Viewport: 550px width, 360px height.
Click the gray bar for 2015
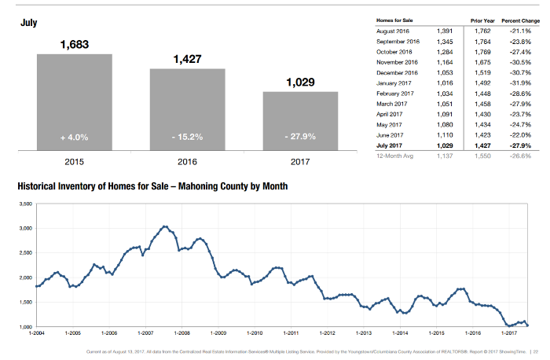tap(75, 101)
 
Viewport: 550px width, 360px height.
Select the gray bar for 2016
tap(187, 108)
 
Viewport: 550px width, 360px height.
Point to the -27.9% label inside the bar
tap(300, 137)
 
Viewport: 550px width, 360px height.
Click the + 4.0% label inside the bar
tap(75, 137)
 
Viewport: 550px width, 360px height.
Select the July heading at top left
tap(29, 24)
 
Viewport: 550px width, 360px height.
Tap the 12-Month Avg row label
tap(395, 156)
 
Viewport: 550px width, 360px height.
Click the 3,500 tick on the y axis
tap(24, 204)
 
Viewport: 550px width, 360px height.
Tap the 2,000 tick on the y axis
tap(24, 277)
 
